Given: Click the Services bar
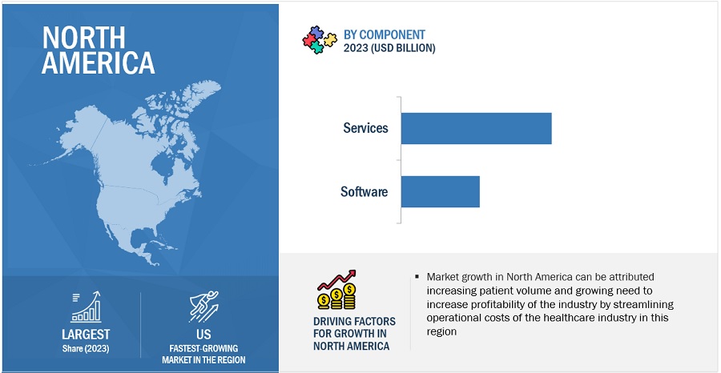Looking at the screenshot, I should (476, 128).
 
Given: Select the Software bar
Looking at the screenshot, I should (440, 191).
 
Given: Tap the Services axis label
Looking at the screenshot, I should (365, 128).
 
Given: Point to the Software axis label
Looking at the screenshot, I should (364, 192).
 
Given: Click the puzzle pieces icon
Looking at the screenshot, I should (319, 40).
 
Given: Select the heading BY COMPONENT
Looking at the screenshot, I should (385, 34).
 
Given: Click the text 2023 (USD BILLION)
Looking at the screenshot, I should (389, 48).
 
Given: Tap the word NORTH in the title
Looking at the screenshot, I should (83, 37).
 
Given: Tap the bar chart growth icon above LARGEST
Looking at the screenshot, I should (86, 306).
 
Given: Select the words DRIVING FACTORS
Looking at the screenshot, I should (354, 322).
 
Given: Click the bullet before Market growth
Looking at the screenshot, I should (417, 277).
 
